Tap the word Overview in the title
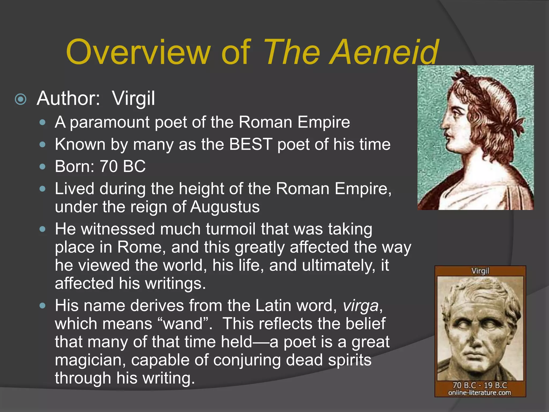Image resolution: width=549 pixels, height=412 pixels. [x=138, y=52]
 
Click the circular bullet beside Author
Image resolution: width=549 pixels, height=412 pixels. [x=21, y=100]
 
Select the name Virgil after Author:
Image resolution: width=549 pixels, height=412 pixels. [x=133, y=99]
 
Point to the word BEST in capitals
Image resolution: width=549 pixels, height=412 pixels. [x=251, y=144]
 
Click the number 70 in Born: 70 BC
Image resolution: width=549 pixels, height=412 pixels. [x=109, y=166]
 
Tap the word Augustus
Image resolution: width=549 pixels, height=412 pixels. [x=225, y=207]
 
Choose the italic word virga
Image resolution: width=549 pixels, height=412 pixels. [x=361, y=306]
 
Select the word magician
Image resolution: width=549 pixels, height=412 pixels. [x=90, y=360]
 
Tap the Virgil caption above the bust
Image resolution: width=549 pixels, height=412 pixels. [x=480, y=271]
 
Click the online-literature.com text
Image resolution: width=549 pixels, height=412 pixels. [x=480, y=393]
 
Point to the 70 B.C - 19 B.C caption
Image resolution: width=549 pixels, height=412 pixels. [x=480, y=385]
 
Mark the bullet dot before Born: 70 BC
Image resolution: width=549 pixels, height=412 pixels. [x=42, y=167]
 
